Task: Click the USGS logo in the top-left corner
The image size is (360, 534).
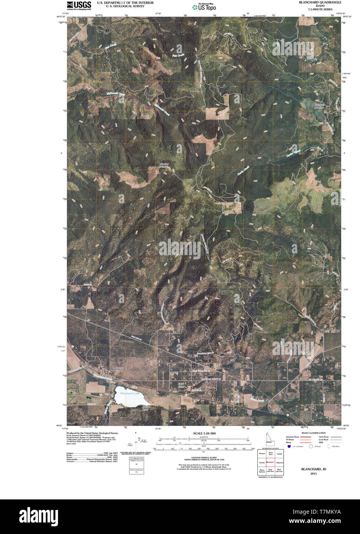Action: [79, 5]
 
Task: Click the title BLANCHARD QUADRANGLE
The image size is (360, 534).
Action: [320, 2]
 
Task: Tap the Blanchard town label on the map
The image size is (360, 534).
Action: [116, 369]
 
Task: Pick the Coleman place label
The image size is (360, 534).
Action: [277, 411]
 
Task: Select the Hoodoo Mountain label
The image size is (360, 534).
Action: [164, 166]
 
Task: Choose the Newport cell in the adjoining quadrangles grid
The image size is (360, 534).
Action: [262, 454]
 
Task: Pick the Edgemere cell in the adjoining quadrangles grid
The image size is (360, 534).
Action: [279, 462]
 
